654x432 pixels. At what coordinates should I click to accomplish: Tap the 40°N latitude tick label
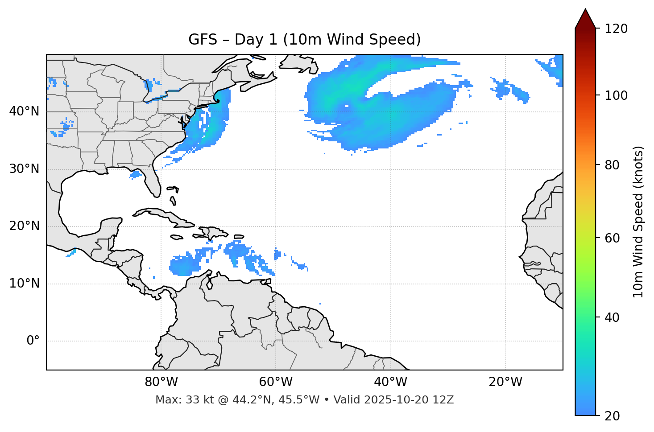pos(24,111)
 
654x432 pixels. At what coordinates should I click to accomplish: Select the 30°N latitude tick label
pos(24,169)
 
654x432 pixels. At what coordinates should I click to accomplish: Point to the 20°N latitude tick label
pos(24,226)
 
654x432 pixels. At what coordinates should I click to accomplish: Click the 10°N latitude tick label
pos(24,284)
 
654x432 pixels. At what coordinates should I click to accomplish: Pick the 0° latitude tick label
pos(33,341)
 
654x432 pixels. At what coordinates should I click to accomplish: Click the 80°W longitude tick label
pos(161,382)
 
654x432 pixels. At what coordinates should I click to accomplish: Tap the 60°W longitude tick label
pos(276,382)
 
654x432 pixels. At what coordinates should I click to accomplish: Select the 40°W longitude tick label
pos(390,382)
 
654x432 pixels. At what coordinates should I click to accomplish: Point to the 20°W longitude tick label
pos(505,382)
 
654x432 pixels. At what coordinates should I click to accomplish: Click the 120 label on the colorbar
pos(616,29)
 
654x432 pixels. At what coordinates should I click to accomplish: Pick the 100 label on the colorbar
pos(616,95)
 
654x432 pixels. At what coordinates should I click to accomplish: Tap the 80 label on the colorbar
pos(613,165)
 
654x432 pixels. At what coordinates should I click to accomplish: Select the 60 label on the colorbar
pos(613,238)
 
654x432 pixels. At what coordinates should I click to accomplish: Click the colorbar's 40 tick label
pos(613,317)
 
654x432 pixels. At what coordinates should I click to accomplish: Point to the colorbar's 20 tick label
pos(613,416)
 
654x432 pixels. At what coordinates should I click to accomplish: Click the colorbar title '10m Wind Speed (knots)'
pos(638,222)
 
